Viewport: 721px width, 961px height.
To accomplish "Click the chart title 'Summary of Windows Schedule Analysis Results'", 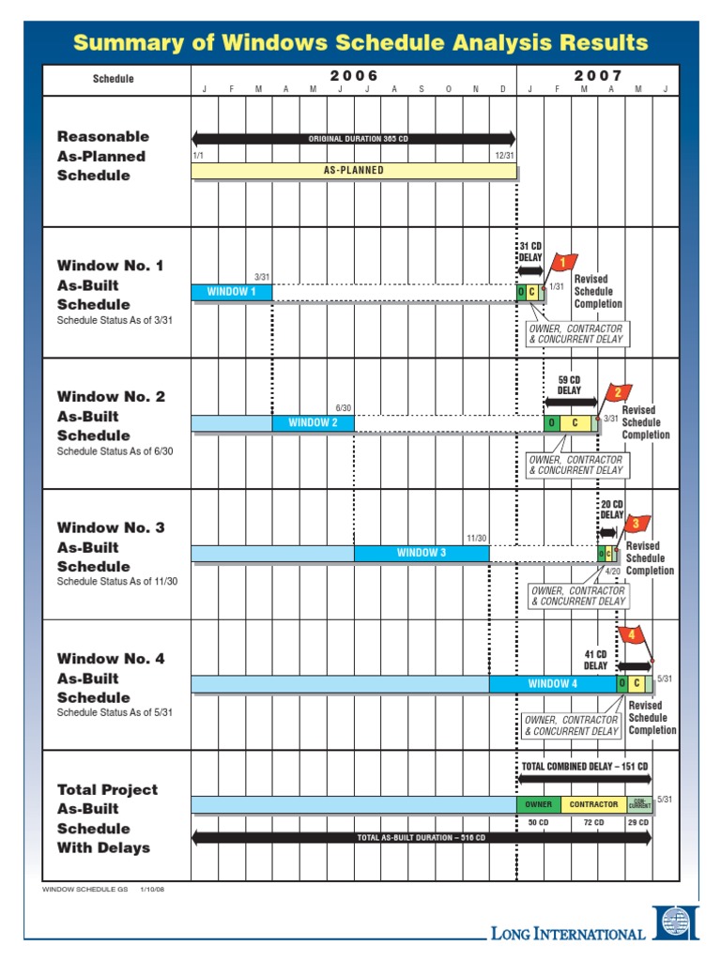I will pyautogui.click(x=360, y=42).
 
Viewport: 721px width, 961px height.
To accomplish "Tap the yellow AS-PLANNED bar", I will pyautogui.click(x=353, y=171).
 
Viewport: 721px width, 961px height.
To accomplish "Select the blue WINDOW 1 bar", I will pyautogui.click(x=231, y=292).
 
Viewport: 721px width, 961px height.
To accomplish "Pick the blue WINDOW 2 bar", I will pyautogui.click(x=313, y=423).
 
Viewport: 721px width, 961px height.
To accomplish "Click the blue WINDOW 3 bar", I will pyautogui.click(x=421, y=554).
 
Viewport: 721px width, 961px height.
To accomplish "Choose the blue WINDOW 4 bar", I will pyautogui.click(x=552, y=684).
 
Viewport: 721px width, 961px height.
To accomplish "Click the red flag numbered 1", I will pyautogui.click(x=564, y=263).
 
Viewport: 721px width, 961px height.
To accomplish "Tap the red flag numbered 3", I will pyautogui.click(x=637, y=524).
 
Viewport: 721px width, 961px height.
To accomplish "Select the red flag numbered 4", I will pyautogui.click(x=633, y=635).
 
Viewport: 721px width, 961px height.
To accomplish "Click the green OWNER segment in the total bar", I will pyautogui.click(x=538, y=804).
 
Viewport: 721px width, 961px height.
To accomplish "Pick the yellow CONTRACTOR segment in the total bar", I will pyautogui.click(x=593, y=804).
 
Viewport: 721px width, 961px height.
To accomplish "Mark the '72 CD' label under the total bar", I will pyautogui.click(x=592, y=822).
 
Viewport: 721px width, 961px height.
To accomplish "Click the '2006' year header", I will pyautogui.click(x=353, y=75).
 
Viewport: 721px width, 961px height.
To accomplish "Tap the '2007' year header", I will pyautogui.click(x=592, y=75).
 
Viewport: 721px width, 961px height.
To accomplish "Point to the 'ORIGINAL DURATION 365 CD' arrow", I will pyautogui.click(x=353, y=138).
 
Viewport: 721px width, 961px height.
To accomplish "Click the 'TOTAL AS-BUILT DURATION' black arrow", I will pyautogui.click(x=421, y=838).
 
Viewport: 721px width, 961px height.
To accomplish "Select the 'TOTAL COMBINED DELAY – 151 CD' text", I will pyautogui.click(x=584, y=767).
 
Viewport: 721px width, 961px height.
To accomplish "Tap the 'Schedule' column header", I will pyautogui.click(x=113, y=79).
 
